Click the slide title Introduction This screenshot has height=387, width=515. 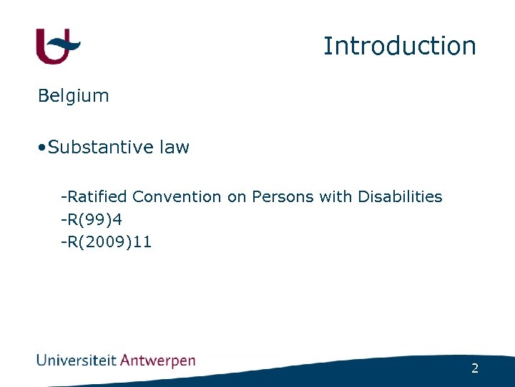click(x=399, y=46)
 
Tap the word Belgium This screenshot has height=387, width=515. click(x=73, y=96)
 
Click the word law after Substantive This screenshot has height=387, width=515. click(x=175, y=148)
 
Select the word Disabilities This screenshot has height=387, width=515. click(x=400, y=196)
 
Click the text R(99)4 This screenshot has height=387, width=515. click(x=94, y=219)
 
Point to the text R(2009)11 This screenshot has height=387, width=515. click(x=109, y=242)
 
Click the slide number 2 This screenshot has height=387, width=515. click(x=475, y=368)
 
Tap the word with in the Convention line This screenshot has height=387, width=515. click(x=335, y=196)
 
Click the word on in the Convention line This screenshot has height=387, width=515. click(x=236, y=196)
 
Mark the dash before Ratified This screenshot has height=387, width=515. click(x=64, y=197)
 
